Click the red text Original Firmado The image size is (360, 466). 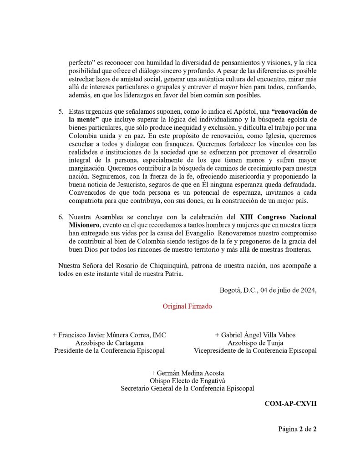click(x=187, y=306)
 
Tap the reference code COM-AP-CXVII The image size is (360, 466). click(x=290, y=403)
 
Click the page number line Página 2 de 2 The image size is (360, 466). click(x=297, y=429)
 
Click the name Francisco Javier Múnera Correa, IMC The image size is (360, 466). click(x=109, y=334)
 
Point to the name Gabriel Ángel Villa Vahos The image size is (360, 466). click(x=255, y=334)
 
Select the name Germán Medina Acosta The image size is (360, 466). click(x=187, y=373)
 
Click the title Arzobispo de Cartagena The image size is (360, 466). click(x=109, y=343)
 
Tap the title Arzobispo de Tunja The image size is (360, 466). click(x=255, y=343)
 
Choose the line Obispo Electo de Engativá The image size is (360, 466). click(x=187, y=380)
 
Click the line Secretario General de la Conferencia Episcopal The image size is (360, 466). click(x=187, y=388)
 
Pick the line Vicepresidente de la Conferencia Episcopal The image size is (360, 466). click(x=255, y=350)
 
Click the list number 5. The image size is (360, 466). click(x=61, y=111)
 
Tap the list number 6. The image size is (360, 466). click(x=61, y=217)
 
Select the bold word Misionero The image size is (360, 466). click(x=84, y=225)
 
